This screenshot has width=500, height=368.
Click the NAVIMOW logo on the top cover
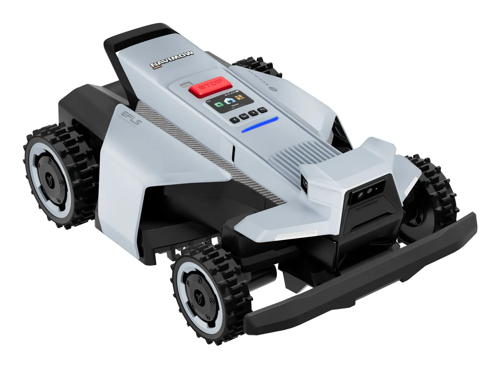pyautogui.click(x=172, y=60)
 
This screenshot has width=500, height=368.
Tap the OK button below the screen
pyautogui.click(x=244, y=116)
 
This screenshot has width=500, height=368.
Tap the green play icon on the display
pyautogui.click(x=219, y=104)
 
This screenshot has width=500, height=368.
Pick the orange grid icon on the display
pyautogui.click(x=239, y=97)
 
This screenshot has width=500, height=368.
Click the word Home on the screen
pyautogui.click(x=234, y=105)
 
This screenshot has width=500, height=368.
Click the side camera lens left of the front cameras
pyautogui.click(x=304, y=182)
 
